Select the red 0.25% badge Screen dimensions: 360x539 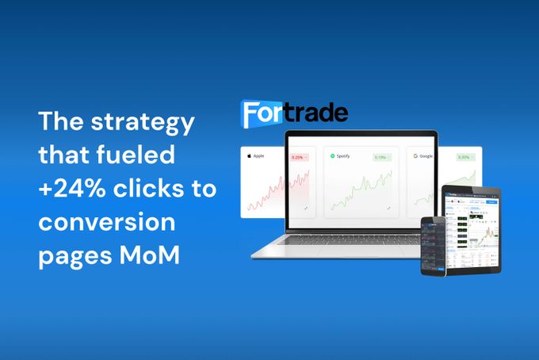(x=298, y=157)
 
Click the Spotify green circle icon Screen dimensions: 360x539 (x=334, y=156)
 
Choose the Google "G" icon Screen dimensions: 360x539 (x=416, y=156)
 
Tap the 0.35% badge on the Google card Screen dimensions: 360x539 (x=463, y=157)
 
